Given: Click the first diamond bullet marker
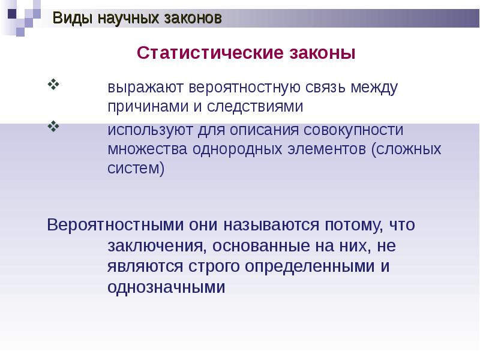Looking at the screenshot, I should click(x=53, y=84).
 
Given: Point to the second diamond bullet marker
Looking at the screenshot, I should click(x=53, y=126).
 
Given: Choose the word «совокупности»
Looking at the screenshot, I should click(x=346, y=130).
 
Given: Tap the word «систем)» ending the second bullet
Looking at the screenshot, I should click(x=136, y=168).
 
